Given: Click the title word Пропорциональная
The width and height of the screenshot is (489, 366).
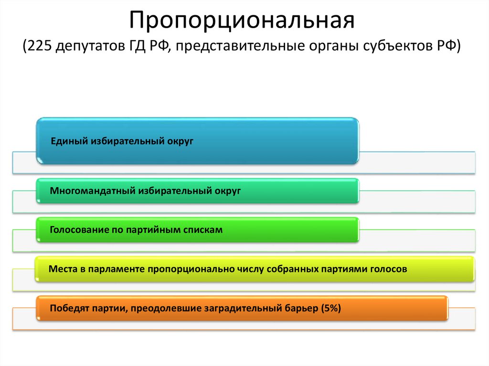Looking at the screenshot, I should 243,21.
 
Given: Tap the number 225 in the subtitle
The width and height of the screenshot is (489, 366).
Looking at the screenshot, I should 39,47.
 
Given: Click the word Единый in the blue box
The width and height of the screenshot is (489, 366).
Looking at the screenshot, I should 67,141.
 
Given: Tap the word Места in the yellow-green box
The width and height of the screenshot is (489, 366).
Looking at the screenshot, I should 62,269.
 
